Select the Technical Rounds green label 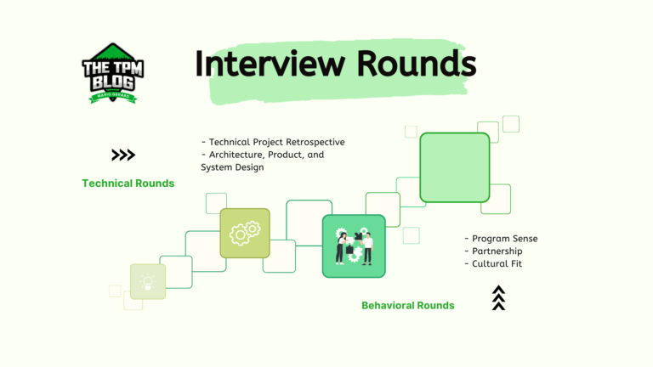pyautogui.click(x=128, y=183)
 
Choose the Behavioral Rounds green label pyautogui.click(x=408, y=306)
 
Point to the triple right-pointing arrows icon pyautogui.click(x=123, y=155)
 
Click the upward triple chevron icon pyautogui.click(x=499, y=298)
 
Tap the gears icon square pyautogui.click(x=245, y=233)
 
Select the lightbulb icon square pyautogui.click(x=148, y=281)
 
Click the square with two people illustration pyautogui.click(x=354, y=246)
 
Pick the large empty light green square pyautogui.click(x=455, y=167)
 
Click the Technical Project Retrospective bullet pyautogui.click(x=273, y=142)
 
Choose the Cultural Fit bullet pyautogui.click(x=497, y=264)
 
